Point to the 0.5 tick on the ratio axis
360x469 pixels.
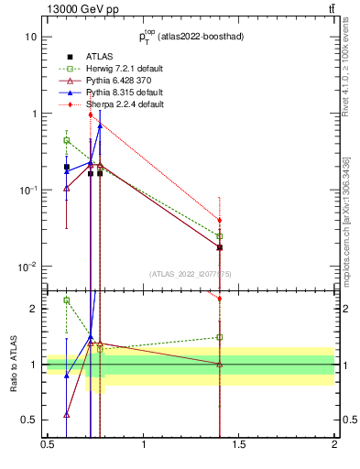[30, 420]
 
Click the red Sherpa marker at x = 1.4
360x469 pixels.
[220, 220]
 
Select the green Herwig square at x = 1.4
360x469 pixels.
[220, 236]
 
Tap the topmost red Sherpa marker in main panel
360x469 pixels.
[90, 115]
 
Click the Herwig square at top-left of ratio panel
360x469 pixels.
[67, 300]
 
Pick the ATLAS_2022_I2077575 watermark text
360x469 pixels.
[191, 273]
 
